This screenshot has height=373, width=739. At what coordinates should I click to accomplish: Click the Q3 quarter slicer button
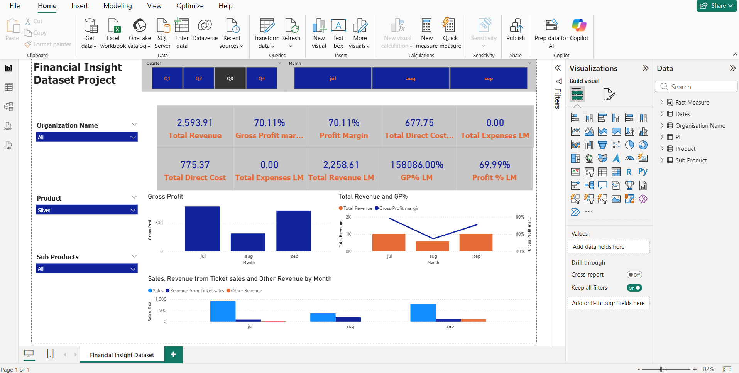point(230,78)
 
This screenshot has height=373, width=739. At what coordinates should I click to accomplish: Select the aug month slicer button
point(411,78)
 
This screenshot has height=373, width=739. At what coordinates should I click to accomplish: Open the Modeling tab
point(117,6)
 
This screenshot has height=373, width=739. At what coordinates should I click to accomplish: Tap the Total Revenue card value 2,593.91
point(194,123)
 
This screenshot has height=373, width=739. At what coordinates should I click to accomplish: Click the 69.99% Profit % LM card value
point(494,165)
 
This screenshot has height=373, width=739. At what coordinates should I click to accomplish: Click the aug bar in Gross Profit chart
point(248,242)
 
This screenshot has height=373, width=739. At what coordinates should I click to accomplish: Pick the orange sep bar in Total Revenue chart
point(476,242)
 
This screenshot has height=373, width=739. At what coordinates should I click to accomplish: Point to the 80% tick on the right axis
point(520,217)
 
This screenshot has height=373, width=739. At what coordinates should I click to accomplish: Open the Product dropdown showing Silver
point(87,210)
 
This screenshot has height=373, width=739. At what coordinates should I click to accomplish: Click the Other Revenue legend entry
point(246,291)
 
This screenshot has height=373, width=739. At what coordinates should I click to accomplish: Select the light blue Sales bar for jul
point(223,311)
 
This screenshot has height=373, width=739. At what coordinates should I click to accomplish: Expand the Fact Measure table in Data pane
point(662,102)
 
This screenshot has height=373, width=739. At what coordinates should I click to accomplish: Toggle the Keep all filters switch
point(634,288)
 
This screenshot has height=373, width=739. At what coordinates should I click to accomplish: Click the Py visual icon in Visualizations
point(643,172)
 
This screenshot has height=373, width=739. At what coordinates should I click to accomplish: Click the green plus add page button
point(173,354)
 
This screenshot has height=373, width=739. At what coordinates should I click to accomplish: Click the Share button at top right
point(716,6)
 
